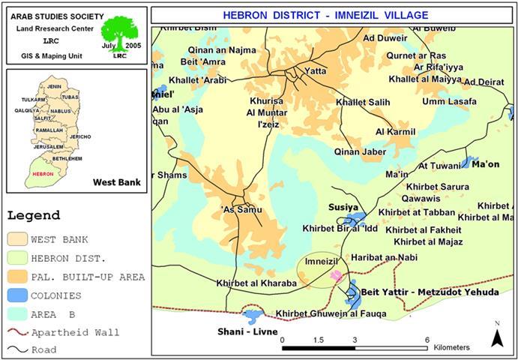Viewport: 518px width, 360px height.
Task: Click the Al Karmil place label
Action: [395, 132]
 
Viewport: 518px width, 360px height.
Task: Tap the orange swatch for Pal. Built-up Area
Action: [16, 277]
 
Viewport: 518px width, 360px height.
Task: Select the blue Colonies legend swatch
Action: [16, 295]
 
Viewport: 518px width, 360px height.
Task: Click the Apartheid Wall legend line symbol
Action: [16, 331]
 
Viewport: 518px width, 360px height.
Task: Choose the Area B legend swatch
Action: [16, 313]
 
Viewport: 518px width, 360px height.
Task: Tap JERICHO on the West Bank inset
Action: [80, 136]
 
